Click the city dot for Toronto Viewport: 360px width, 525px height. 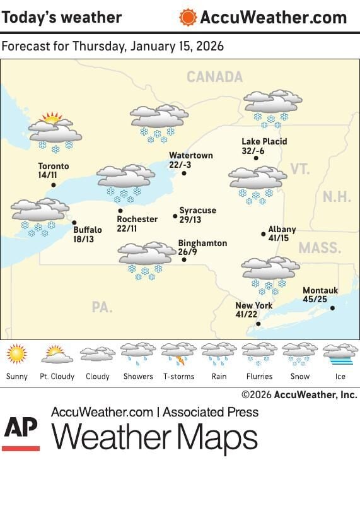[x=54, y=185]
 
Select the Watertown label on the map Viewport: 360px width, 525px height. [x=191, y=155]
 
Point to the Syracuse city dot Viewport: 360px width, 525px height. [x=175, y=216]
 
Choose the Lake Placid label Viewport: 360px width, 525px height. [x=264, y=141]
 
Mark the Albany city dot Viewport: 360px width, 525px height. [x=264, y=234]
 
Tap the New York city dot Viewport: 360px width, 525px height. [x=258, y=324]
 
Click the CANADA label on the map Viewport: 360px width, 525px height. [x=214, y=77]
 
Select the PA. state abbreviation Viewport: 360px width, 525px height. [x=102, y=307]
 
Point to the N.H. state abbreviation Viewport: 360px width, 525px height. [x=337, y=196]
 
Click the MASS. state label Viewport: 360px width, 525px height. [x=318, y=247]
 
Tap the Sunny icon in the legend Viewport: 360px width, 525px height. [x=17, y=354]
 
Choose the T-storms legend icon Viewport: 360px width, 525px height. [x=178, y=355]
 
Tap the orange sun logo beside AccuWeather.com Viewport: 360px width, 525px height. [x=187, y=17]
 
